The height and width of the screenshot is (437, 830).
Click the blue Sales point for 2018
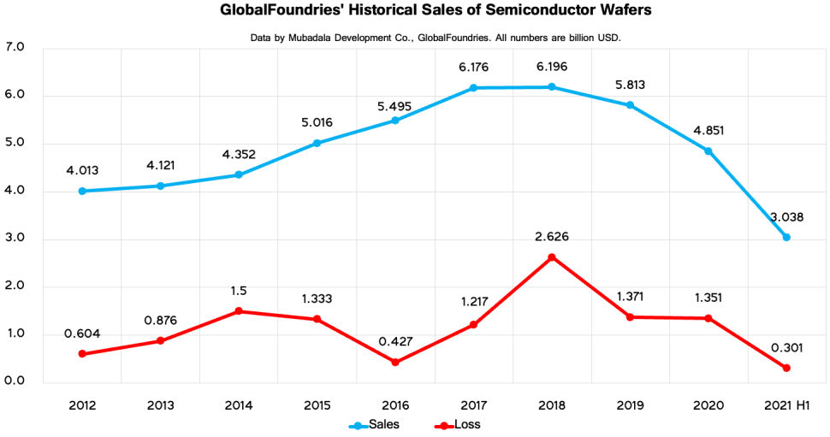tap(552, 87)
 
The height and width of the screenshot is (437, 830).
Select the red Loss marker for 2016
tap(395, 363)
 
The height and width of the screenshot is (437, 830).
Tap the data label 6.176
tap(473, 67)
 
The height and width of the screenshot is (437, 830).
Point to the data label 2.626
tap(552, 236)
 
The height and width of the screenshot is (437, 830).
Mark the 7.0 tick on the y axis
tap(16, 47)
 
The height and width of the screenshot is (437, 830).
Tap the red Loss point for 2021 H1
tap(786, 369)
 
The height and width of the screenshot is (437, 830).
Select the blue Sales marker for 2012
tap(81, 191)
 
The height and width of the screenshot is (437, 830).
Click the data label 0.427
tap(395, 341)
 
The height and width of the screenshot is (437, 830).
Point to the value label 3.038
tap(786, 216)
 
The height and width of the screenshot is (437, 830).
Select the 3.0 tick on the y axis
tap(16, 239)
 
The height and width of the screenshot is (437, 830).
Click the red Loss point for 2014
tap(238, 311)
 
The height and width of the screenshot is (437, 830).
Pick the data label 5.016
tap(317, 122)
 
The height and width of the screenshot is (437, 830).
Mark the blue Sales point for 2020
tap(708, 151)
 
